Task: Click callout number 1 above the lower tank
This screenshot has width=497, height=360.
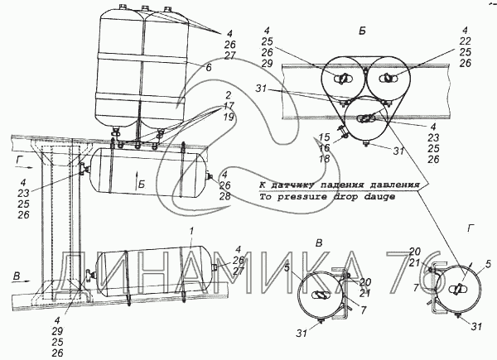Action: coord(192,228)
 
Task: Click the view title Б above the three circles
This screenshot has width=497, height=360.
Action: coord(363,30)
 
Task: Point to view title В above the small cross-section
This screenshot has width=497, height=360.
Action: coord(320,241)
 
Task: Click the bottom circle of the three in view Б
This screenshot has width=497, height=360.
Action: coord(364,121)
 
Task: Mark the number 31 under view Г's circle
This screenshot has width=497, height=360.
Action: coord(476,327)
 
